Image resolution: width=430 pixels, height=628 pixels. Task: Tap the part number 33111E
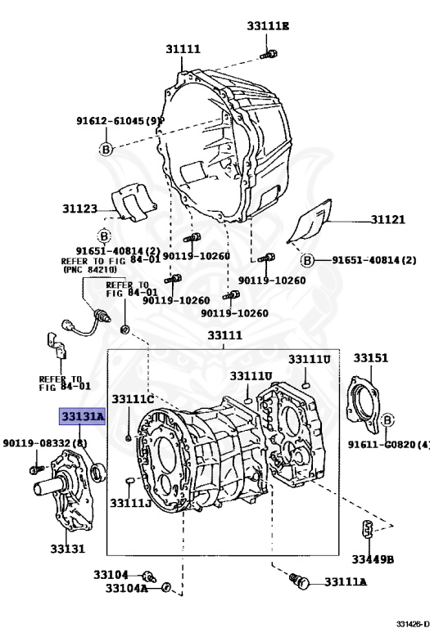(x=268, y=26)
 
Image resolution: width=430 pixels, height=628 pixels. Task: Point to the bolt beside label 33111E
(x=268, y=55)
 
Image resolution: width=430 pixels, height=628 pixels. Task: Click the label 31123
(x=79, y=209)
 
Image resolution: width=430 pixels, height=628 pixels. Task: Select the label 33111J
(x=130, y=501)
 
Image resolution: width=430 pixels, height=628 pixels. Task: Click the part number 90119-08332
(x=44, y=443)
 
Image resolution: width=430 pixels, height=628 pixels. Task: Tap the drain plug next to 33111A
(x=300, y=582)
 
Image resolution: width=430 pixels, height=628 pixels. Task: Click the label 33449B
(x=373, y=559)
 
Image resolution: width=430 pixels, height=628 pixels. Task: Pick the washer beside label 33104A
(x=166, y=587)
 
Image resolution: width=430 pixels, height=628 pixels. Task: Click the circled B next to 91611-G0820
(x=387, y=420)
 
